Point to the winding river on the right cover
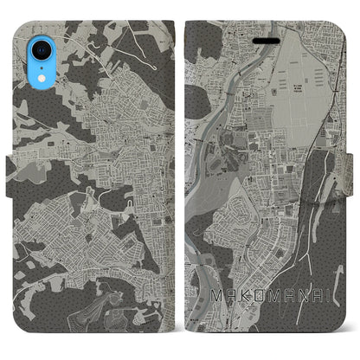[x=207, y=156]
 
